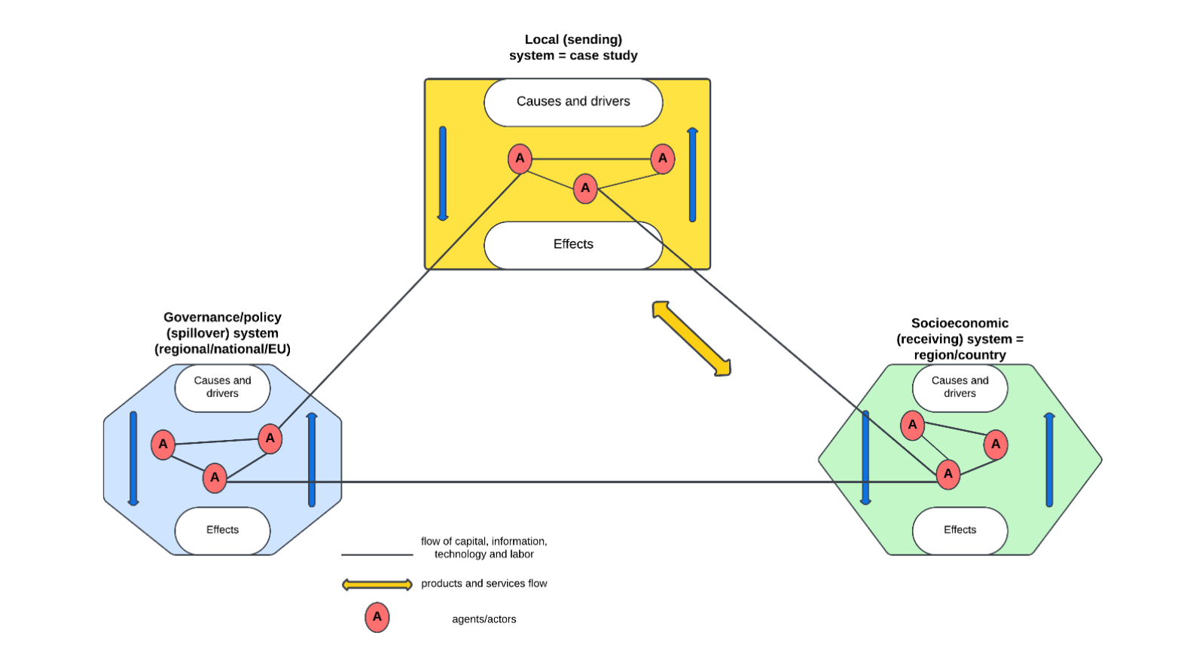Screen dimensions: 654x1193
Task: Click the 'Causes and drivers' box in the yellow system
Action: (573, 102)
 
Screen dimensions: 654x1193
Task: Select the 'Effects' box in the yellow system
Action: (573, 244)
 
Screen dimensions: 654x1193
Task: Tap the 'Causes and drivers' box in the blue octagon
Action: (222, 387)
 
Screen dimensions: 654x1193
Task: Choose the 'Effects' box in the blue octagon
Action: (222, 530)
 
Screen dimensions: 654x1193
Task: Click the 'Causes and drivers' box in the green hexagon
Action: (960, 387)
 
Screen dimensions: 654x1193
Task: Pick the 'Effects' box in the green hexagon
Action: (960, 530)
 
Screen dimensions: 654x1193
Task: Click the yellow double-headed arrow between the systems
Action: (691, 338)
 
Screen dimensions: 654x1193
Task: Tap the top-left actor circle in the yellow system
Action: (520, 159)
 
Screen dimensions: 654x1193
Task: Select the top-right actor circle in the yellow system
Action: (663, 159)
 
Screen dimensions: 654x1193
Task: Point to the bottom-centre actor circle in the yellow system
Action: (585, 188)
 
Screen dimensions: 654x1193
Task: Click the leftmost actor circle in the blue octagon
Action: (163, 445)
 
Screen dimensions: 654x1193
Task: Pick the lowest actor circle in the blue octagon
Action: (215, 478)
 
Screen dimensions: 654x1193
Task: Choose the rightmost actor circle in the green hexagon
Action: (996, 445)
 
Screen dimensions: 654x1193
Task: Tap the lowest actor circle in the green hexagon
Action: (948, 474)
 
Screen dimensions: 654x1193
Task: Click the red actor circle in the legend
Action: (377, 617)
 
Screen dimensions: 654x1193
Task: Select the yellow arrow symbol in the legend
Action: (377, 584)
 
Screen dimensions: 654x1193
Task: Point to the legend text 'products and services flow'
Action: (484, 584)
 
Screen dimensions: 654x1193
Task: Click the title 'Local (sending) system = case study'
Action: (573, 47)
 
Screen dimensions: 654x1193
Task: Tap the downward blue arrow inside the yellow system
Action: (443, 173)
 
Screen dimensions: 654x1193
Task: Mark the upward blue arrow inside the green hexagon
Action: (1049, 460)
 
